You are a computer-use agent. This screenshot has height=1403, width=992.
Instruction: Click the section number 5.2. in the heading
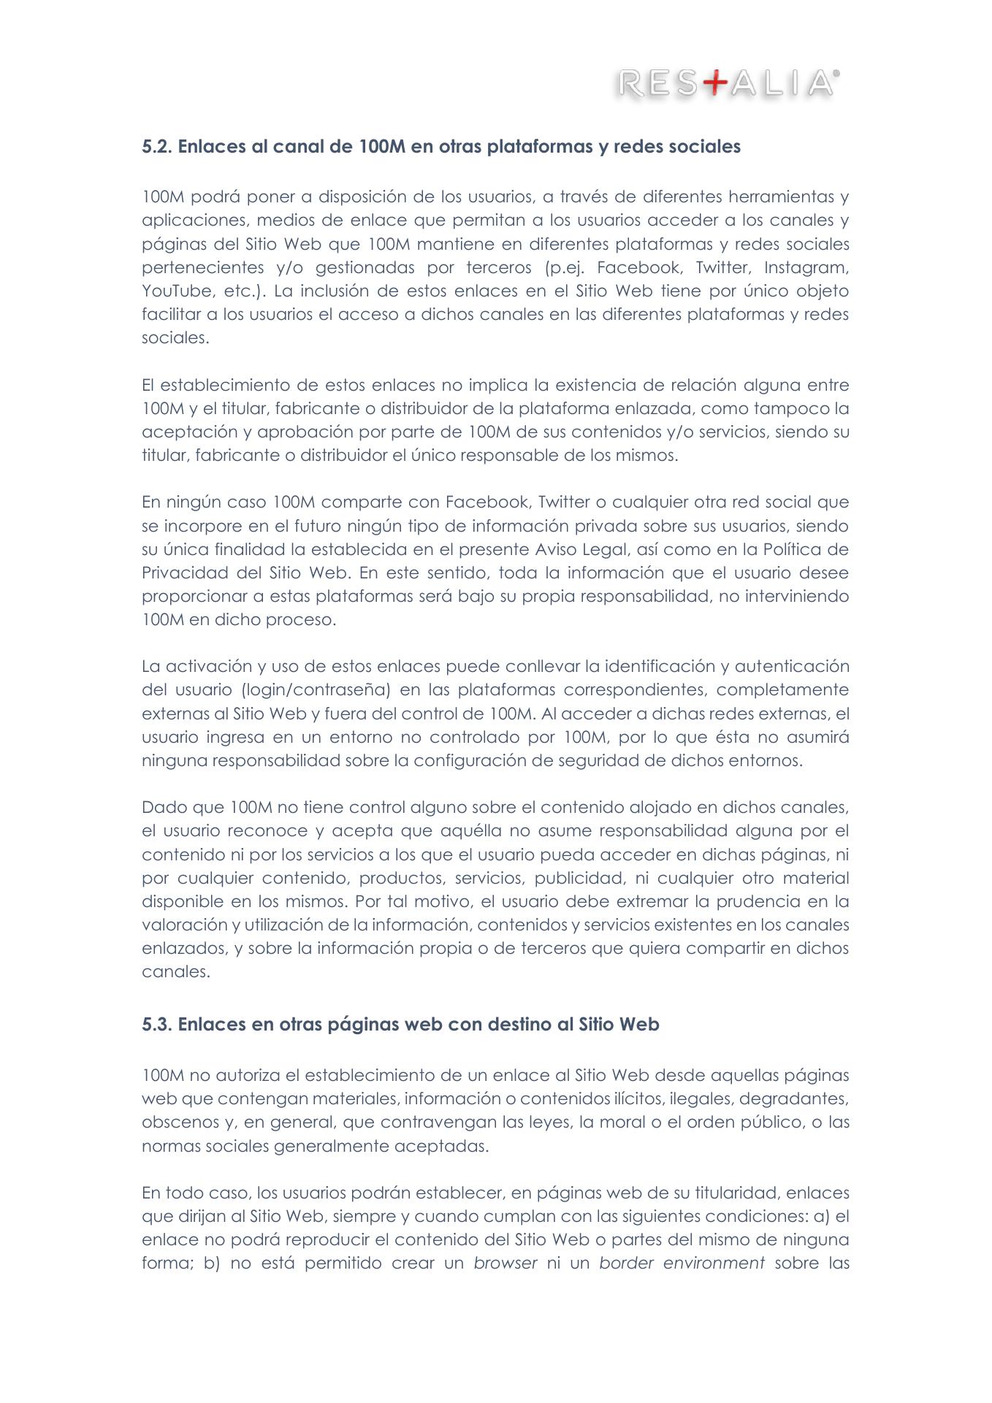(157, 147)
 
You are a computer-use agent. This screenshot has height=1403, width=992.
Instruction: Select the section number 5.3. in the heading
(157, 1025)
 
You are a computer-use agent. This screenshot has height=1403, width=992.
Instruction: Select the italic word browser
(505, 1263)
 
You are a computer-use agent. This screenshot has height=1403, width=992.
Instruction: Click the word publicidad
(580, 878)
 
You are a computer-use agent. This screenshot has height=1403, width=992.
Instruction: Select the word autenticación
(792, 667)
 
